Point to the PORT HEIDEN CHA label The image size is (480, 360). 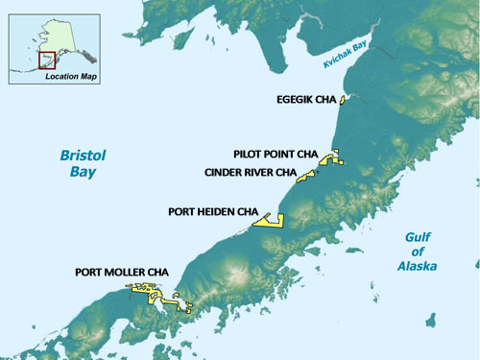tap(213, 211)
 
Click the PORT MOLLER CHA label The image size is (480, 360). tap(122, 273)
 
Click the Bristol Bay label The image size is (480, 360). tap(81, 163)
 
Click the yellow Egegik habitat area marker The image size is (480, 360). tap(342, 98)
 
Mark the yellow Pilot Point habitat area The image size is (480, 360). tap(331, 158)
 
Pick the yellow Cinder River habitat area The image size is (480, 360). tap(306, 176)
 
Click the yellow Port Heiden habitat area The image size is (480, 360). tap(268, 221)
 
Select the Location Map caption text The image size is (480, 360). tap(73, 74)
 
